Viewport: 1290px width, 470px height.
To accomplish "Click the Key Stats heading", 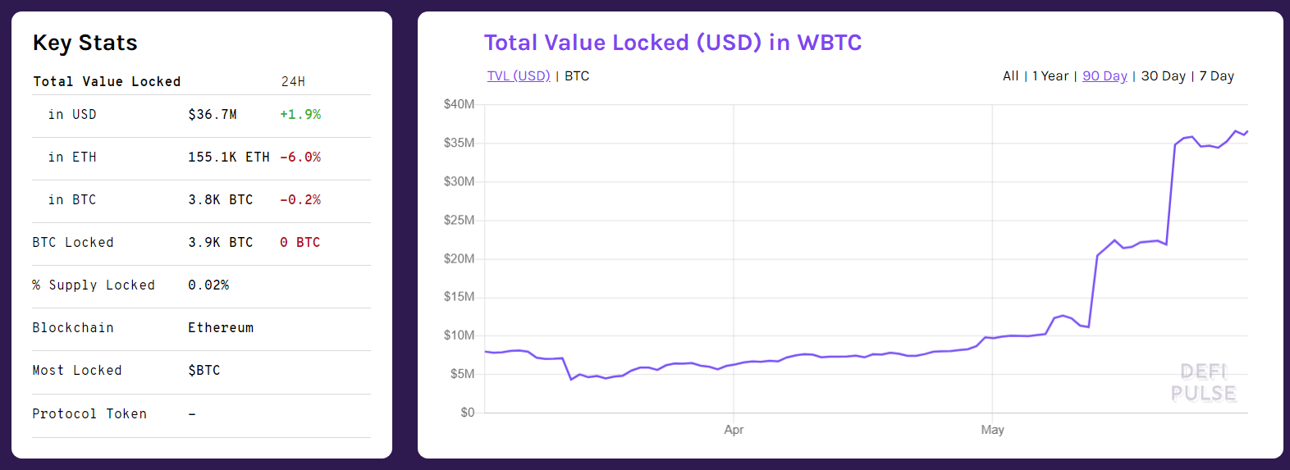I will [85, 43].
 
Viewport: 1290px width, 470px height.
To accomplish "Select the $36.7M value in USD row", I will [213, 115].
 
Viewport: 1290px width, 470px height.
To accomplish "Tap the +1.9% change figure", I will [300, 115].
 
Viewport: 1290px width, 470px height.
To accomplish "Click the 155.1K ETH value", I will [228, 157].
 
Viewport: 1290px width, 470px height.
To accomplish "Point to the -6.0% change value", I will [300, 157].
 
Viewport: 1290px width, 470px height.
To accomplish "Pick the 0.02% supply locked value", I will [208, 285].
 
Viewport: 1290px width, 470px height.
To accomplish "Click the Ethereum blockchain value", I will [221, 328].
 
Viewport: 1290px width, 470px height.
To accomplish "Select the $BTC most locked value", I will [204, 371].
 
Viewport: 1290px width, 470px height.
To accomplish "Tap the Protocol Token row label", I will [89, 414].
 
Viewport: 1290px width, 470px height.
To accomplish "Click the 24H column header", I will [293, 82].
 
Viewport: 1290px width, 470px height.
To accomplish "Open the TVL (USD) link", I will [519, 76].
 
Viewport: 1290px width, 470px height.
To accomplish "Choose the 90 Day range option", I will [1105, 76].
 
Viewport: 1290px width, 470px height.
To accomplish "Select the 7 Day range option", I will [1216, 76].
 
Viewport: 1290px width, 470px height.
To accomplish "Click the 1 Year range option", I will [1050, 76].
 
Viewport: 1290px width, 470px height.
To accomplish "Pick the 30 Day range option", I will [1163, 76].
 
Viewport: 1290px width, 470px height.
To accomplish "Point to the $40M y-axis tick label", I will [459, 104].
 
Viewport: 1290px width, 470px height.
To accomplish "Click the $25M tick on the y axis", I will [459, 220].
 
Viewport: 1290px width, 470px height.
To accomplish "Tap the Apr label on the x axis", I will [734, 430].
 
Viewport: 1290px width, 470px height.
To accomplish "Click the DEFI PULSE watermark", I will [1203, 383].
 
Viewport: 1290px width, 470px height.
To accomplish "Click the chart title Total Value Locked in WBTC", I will [673, 43].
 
